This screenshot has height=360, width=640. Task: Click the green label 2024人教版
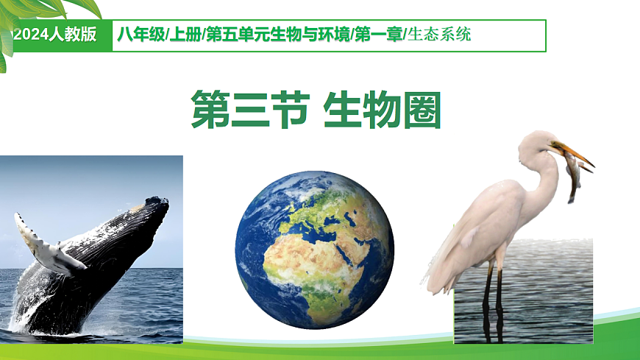coord(55,35)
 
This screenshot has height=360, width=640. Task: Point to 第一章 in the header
coord(378,35)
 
